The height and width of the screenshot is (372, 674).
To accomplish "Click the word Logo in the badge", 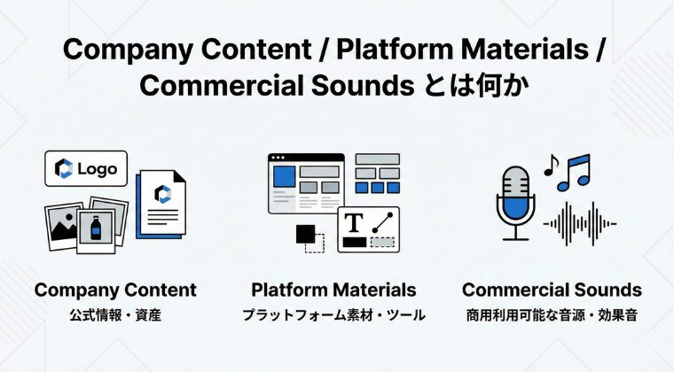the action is pyautogui.click(x=98, y=169).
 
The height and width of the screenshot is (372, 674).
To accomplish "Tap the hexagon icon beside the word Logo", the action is pyautogui.click(x=64, y=168).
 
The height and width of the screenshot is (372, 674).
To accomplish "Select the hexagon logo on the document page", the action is pyautogui.click(x=162, y=194).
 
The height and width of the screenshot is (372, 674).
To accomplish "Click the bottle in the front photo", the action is pyautogui.click(x=96, y=228).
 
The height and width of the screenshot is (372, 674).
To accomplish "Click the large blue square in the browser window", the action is pyautogui.click(x=285, y=176).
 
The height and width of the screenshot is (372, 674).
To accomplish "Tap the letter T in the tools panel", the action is pyautogui.click(x=354, y=222).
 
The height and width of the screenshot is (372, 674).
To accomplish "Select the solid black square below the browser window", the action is pyautogui.click(x=306, y=234).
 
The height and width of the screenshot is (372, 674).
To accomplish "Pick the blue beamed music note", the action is pyautogui.click(x=575, y=173).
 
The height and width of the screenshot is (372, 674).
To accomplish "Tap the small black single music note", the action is pyautogui.click(x=551, y=166).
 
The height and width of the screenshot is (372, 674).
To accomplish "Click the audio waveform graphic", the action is pyautogui.click(x=580, y=223).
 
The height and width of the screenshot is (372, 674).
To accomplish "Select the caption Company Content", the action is pyautogui.click(x=115, y=290).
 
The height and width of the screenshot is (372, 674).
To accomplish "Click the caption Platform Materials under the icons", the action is pyautogui.click(x=333, y=290).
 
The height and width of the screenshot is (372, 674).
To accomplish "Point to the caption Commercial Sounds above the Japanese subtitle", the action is pyautogui.click(x=552, y=290).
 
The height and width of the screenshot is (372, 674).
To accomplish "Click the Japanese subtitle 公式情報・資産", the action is pyautogui.click(x=115, y=315).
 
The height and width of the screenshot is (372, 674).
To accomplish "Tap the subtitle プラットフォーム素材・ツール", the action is pyautogui.click(x=333, y=315).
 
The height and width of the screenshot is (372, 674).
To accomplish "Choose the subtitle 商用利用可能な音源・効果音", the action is pyautogui.click(x=552, y=315).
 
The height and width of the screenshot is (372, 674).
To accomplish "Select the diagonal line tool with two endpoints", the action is pyautogui.click(x=382, y=222).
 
